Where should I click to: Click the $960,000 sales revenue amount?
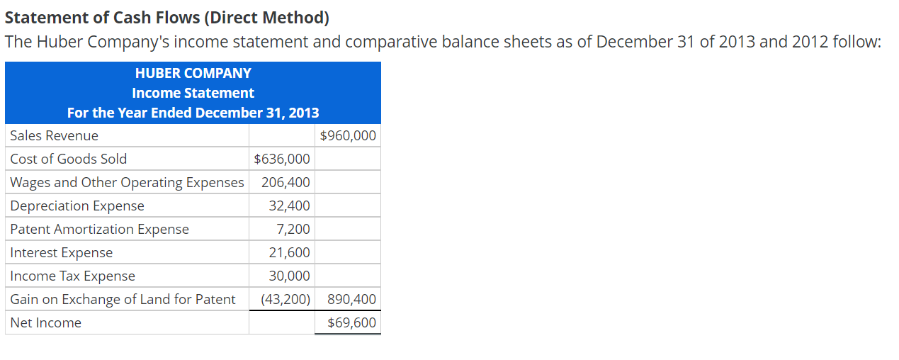click(x=348, y=135)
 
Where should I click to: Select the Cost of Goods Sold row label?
click(x=69, y=159)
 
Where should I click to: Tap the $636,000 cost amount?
click(x=281, y=159)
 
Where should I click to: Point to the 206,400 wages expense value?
click(x=285, y=182)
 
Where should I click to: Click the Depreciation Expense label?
click(x=77, y=206)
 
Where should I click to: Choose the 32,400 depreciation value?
click(x=289, y=206)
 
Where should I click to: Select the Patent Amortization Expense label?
click(x=100, y=229)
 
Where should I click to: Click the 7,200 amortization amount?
click(x=293, y=229)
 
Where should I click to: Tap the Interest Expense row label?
click(x=62, y=252)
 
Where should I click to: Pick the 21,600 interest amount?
click(x=289, y=252)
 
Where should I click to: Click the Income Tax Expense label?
click(x=73, y=276)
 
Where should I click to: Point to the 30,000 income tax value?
click(x=289, y=276)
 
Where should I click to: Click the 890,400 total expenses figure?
click(x=352, y=299)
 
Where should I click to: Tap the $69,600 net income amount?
click(x=352, y=322)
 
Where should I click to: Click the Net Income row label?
click(x=46, y=322)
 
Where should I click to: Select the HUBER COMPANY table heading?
click(x=193, y=73)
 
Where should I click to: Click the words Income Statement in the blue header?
click(x=193, y=93)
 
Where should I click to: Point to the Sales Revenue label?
click(x=55, y=135)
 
